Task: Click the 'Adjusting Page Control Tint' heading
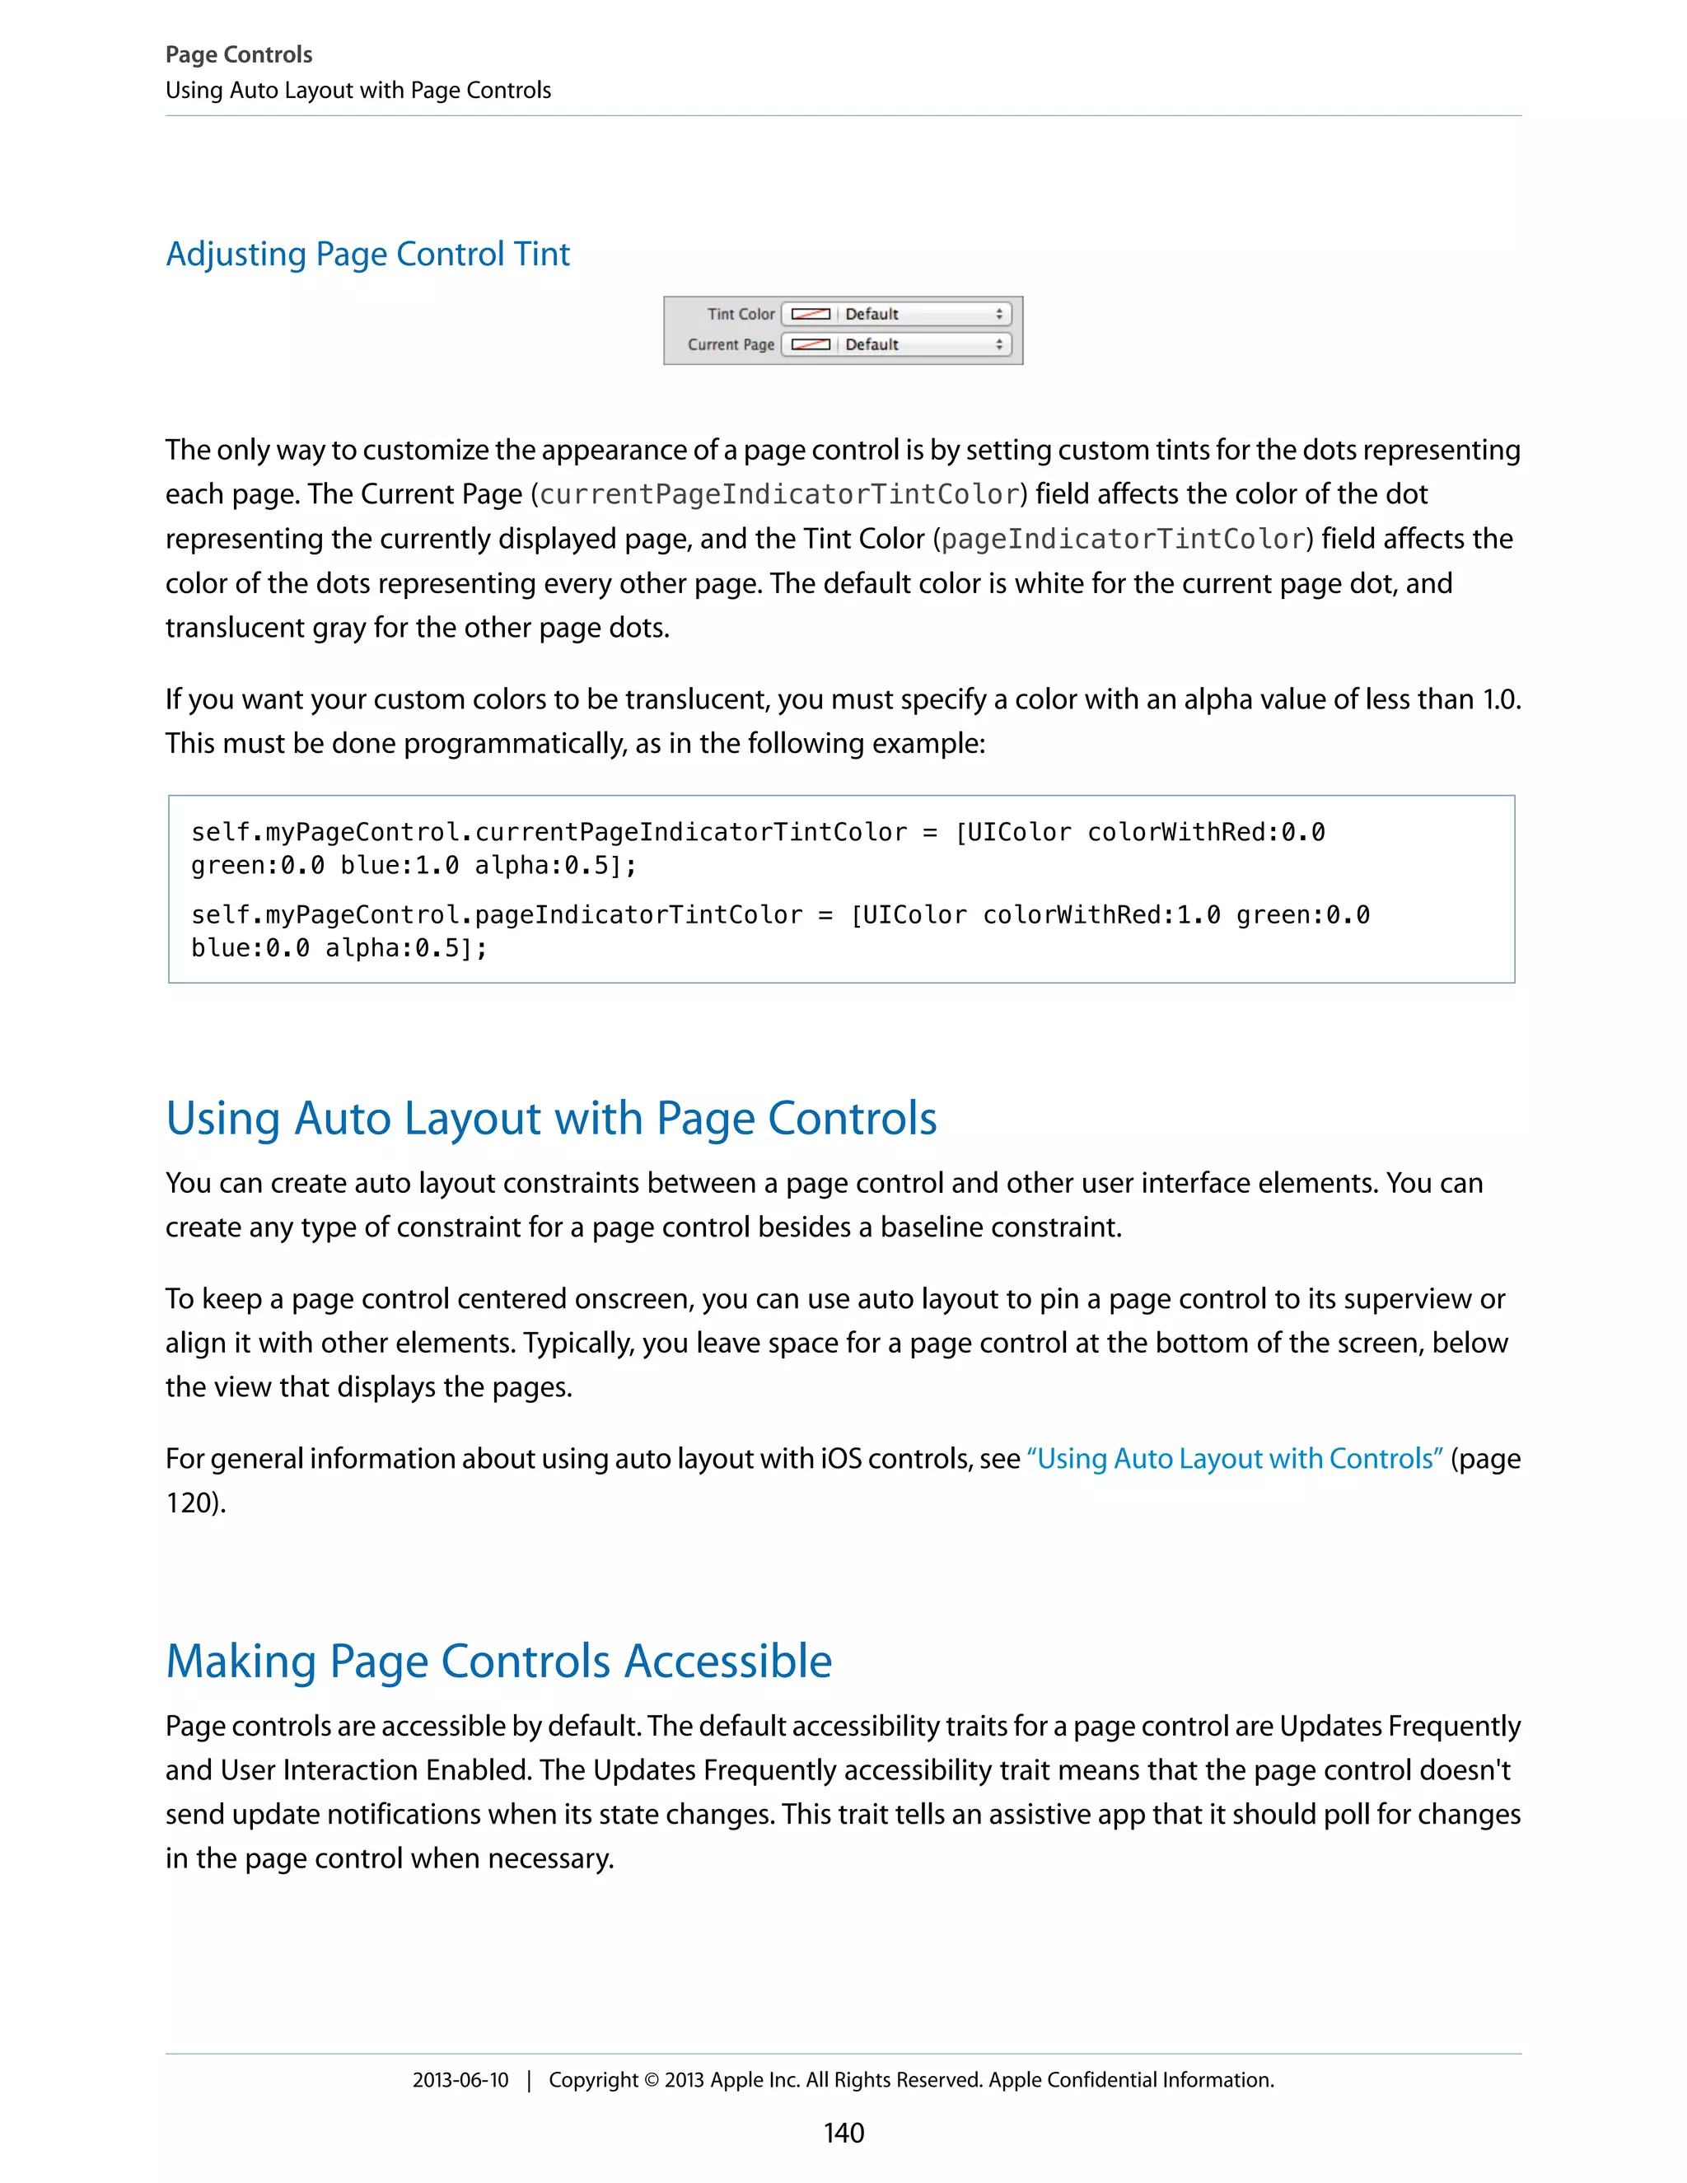[367, 254]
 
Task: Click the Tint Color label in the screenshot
[741, 314]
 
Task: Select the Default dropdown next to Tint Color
[919, 314]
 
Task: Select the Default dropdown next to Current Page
[919, 345]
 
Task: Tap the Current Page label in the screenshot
[731, 345]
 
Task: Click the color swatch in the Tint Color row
[810, 314]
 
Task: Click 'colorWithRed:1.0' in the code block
[1101, 915]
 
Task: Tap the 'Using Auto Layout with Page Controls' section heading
[551, 1118]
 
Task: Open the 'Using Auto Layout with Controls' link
[1234, 1460]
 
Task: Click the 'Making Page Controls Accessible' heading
[498, 1662]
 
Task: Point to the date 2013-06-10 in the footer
[460, 2080]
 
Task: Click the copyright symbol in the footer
[651, 2081]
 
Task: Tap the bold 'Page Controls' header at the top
[239, 55]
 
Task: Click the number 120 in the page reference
[189, 1503]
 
